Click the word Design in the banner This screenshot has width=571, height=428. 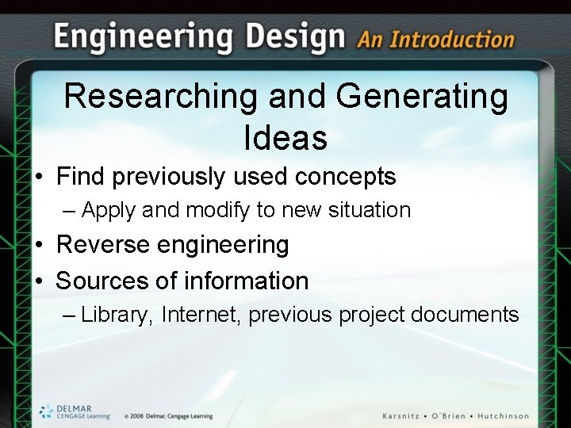pyautogui.click(x=295, y=36)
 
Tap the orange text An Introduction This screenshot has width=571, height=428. pyautogui.click(x=435, y=39)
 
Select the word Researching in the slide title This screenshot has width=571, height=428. pyautogui.click(x=161, y=97)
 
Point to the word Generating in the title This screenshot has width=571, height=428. pyautogui.click(x=422, y=97)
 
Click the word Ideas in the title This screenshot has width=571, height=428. pyautogui.click(x=285, y=138)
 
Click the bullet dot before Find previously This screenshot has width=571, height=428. pyautogui.click(x=38, y=177)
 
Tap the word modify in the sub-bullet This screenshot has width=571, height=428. pyautogui.click(x=218, y=210)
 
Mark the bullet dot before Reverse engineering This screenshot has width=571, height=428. pyautogui.click(x=38, y=246)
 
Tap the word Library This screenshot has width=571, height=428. pyautogui.click(x=115, y=315)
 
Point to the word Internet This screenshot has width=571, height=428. pyautogui.click(x=201, y=315)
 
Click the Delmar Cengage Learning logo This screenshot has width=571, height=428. pyautogui.click(x=75, y=411)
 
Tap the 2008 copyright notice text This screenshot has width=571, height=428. pyautogui.click(x=168, y=416)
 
